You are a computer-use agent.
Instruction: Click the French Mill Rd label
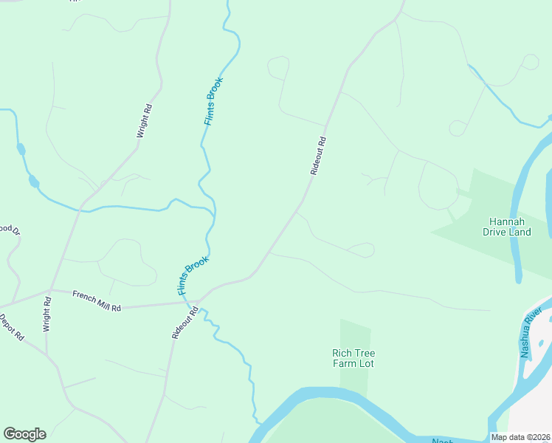pyautogui.click(x=97, y=301)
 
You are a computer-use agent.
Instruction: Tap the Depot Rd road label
pyautogui.click(x=13, y=328)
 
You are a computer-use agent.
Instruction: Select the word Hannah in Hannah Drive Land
pyautogui.click(x=507, y=221)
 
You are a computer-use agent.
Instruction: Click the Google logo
pyautogui.click(x=24, y=434)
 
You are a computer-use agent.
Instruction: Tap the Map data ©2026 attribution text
pyautogui.click(x=521, y=437)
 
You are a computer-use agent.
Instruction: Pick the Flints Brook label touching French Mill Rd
pyautogui.click(x=193, y=275)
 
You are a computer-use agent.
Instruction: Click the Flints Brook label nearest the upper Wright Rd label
pyautogui.click(x=214, y=101)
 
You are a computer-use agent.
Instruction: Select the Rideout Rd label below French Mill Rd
pyautogui.click(x=185, y=323)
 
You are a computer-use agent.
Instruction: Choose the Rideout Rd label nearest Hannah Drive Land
pyautogui.click(x=318, y=155)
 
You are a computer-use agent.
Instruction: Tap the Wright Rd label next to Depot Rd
pyautogui.click(x=46, y=314)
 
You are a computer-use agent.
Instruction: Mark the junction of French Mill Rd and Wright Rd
pyautogui.click(x=50, y=289)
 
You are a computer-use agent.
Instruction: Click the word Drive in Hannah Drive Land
pyautogui.click(x=497, y=232)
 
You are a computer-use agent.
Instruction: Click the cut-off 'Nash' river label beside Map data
pyautogui.click(x=443, y=440)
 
